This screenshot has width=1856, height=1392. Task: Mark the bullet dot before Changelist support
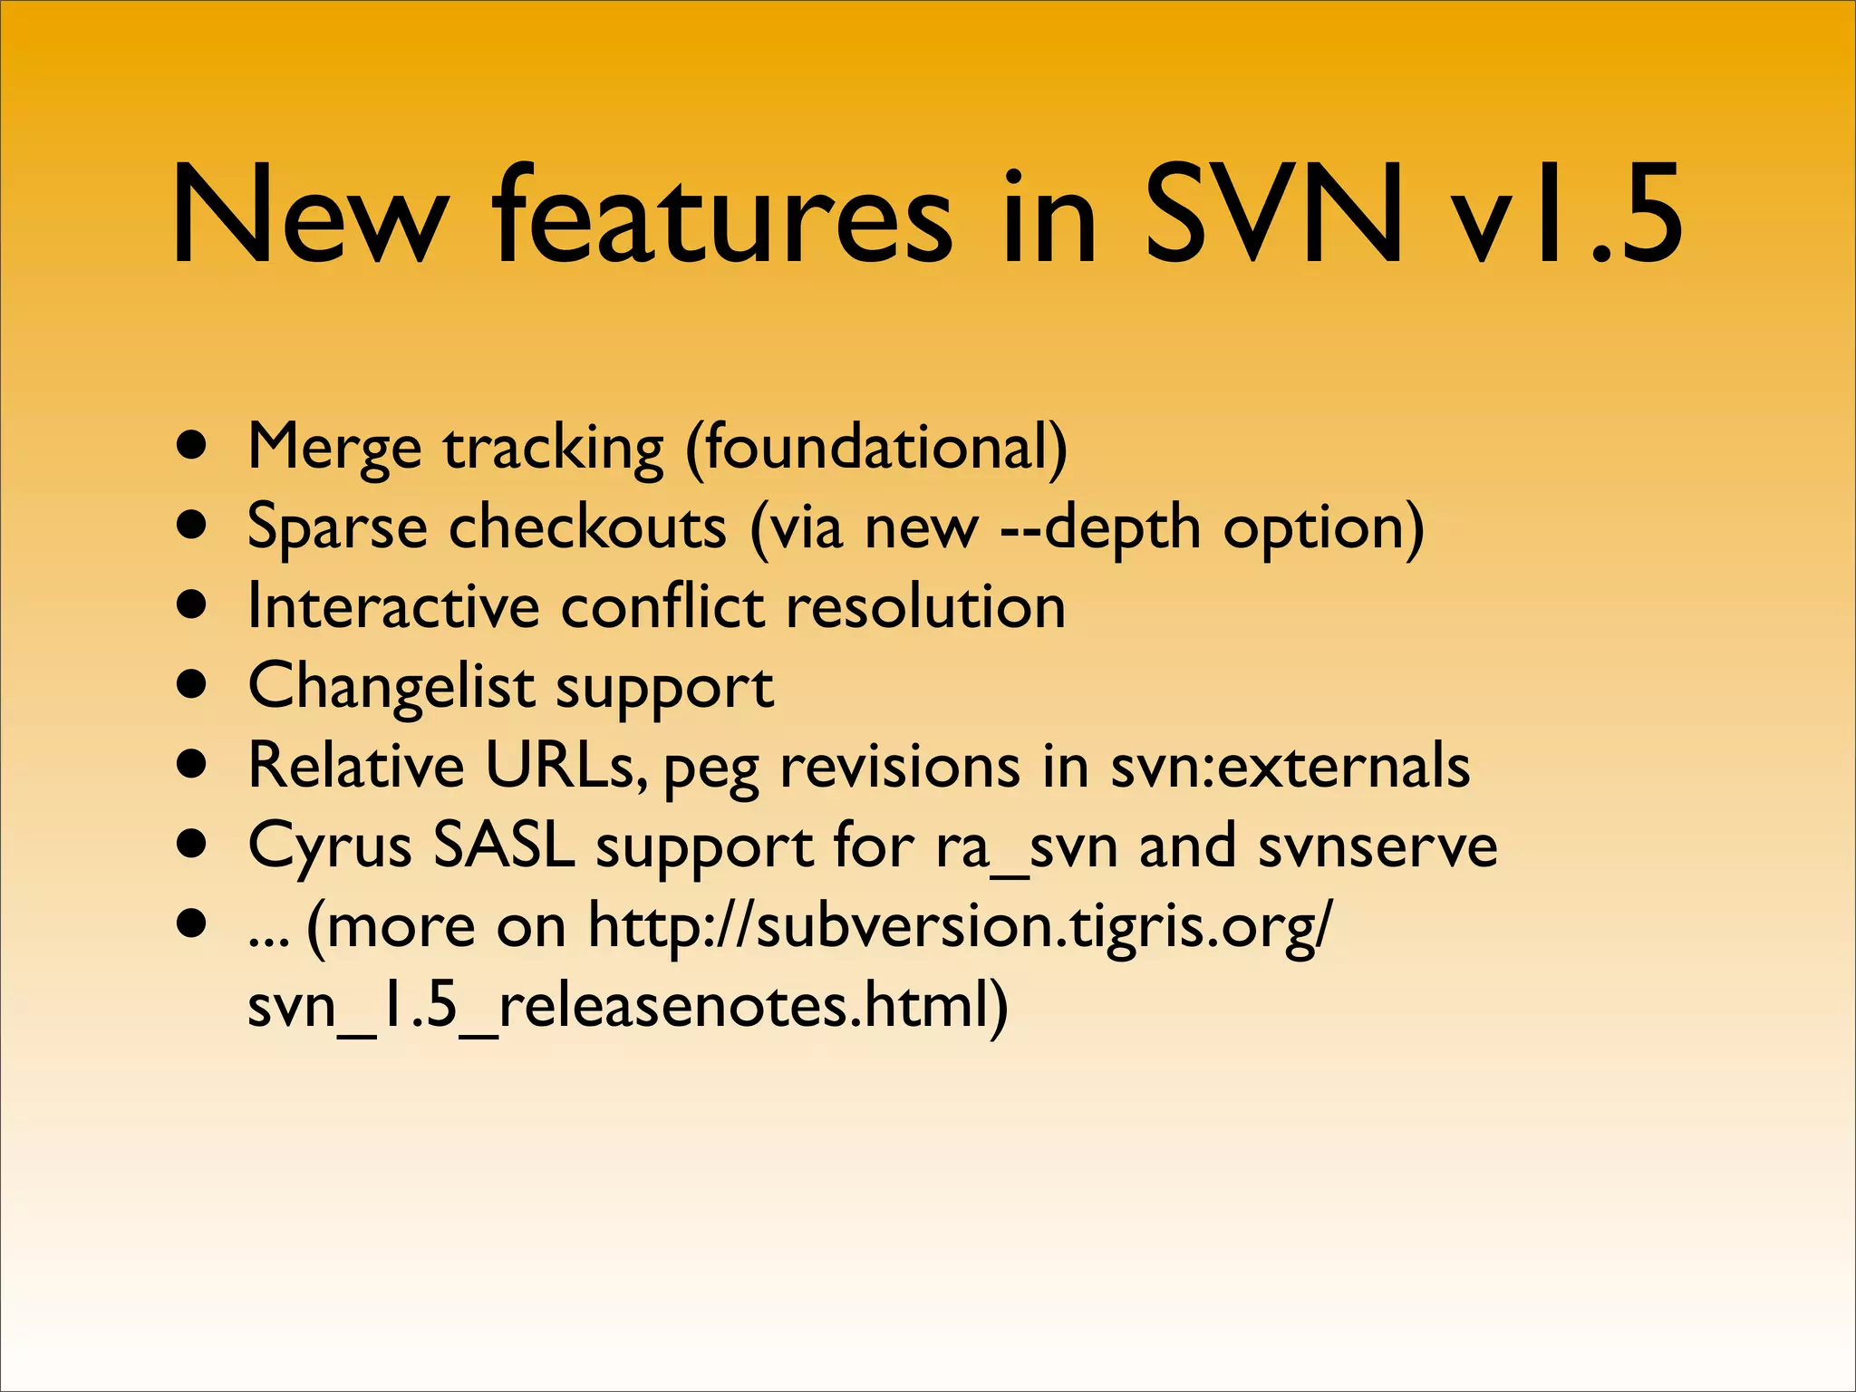(x=192, y=686)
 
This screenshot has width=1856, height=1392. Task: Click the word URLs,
(x=566, y=766)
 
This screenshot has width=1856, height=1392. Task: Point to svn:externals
(x=1290, y=766)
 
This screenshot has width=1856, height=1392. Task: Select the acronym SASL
(x=504, y=845)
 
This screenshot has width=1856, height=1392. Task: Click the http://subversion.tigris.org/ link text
(x=961, y=926)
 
